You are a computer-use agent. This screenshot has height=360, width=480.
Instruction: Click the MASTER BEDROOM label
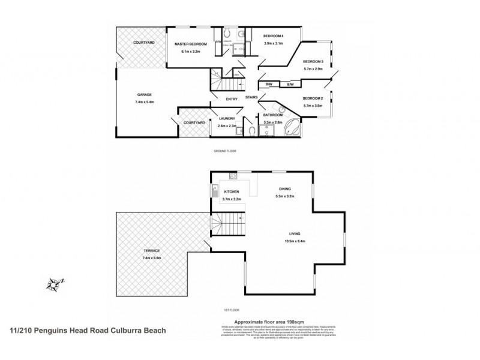tap(191, 44)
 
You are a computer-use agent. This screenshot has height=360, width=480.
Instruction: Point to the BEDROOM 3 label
tap(313, 62)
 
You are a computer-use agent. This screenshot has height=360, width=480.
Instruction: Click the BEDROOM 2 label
tap(313, 98)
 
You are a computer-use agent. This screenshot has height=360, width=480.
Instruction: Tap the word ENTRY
tap(232, 99)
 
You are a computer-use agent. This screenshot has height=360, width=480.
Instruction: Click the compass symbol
tap(55, 282)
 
